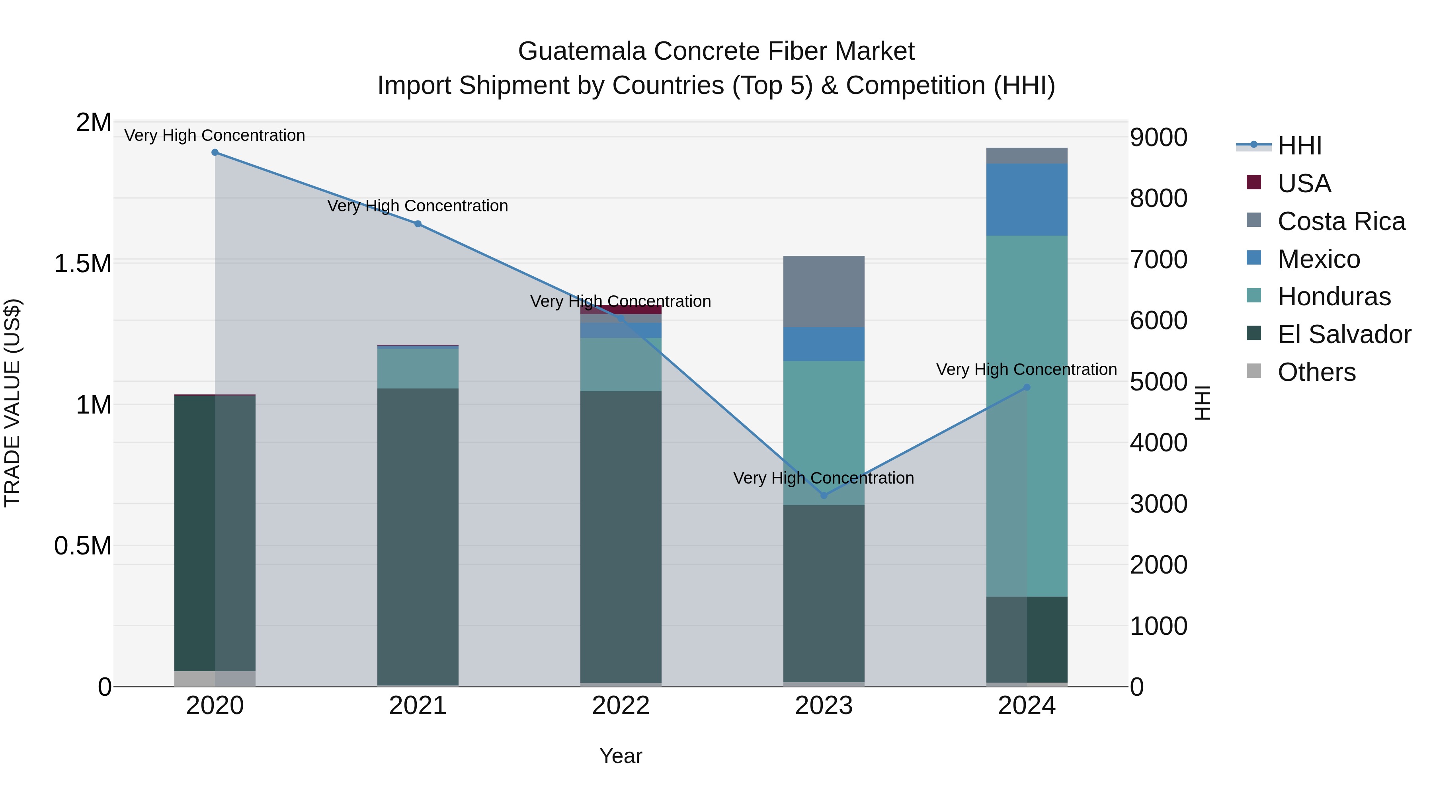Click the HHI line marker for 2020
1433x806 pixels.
[x=215, y=152]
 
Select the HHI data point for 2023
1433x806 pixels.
[x=824, y=495]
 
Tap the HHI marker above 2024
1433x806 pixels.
[x=1027, y=388]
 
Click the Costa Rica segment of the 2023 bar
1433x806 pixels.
[x=824, y=291]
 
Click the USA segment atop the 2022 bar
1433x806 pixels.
[x=621, y=309]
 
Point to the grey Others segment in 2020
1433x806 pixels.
[x=215, y=678]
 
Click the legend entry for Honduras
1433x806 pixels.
[x=1334, y=297]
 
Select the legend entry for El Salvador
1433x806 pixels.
[x=1344, y=334]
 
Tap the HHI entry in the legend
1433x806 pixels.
[x=1300, y=146]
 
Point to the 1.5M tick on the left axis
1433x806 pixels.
[x=82, y=263]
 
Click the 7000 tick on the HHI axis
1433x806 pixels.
[x=1159, y=260]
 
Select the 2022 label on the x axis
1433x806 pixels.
[x=621, y=706]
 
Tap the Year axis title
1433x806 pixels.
[x=621, y=756]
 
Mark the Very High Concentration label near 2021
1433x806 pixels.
[x=418, y=206]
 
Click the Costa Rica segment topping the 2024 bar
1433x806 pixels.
[x=1027, y=156]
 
